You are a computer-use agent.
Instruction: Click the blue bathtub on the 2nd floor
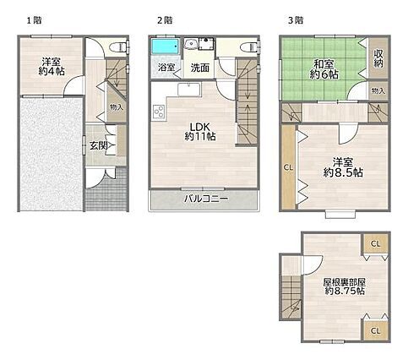pyautogui.click(x=166, y=46)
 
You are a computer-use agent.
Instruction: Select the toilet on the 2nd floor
pyautogui.click(x=249, y=46)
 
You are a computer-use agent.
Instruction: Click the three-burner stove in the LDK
pyautogui.click(x=159, y=112)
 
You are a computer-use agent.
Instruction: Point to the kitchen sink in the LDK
pyautogui.click(x=189, y=90)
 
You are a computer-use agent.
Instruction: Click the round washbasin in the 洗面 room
pyautogui.click(x=191, y=44)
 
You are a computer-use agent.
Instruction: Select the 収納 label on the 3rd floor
pyautogui.click(x=378, y=58)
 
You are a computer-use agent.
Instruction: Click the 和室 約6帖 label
pyautogui.click(x=324, y=69)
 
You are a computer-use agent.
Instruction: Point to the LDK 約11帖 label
pyautogui.click(x=200, y=131)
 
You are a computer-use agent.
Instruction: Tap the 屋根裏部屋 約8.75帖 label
pyautogui.click(x=345, y=286)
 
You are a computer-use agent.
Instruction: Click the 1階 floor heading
pyautogui.click(x=35, y=20)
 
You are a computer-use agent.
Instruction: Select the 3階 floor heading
pyautogui.click(x=296, y=20)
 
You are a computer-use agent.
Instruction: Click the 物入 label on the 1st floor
pyautogui.click(x=117, y=107)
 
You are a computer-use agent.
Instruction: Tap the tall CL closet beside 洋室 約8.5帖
pyautogui.click(x=288, y=167)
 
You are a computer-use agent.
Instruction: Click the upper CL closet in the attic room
pyautogui.click(x=376, y=244)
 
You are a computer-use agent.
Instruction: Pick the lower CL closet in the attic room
pyautogui.click(x=376, y=330)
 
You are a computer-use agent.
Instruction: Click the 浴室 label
pyautogui.click(x=166, y=68)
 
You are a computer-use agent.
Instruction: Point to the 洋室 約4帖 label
pyautogui.click(x=52, y=67)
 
